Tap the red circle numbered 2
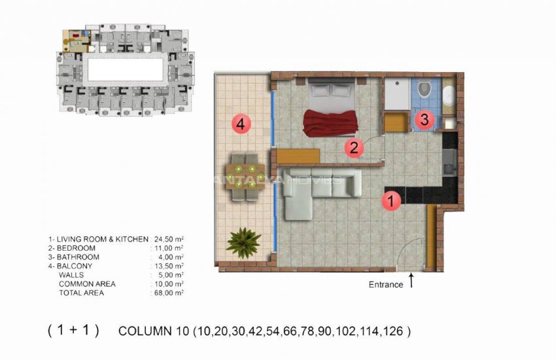(355, 148)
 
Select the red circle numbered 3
(425, 120)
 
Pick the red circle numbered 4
(241, 123)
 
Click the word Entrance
(386, 285)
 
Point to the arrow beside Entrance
(411, 281)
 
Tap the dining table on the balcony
(246, 176)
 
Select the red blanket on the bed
(330, 123)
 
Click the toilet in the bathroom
(423, 89)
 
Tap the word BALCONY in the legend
(75, 266)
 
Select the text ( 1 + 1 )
(73, 331)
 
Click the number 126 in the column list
(396, 331)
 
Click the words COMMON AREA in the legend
(87, 284)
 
